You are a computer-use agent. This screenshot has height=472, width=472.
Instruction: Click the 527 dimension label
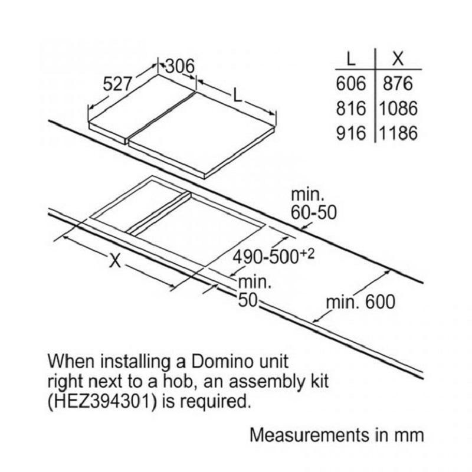point(118,85)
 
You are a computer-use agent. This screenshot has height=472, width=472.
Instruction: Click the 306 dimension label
point(179,67)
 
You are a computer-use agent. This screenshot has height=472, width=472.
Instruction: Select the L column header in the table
point(352,59)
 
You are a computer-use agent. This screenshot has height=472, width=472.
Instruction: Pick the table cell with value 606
point(352,84)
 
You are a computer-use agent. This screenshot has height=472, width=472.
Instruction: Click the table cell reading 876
point(396,84)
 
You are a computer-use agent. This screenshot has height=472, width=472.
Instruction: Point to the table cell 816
point(352,109)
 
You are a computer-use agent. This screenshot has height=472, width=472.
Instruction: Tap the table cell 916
point(352,133)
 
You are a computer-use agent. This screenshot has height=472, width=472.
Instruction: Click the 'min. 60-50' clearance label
point(313,204)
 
